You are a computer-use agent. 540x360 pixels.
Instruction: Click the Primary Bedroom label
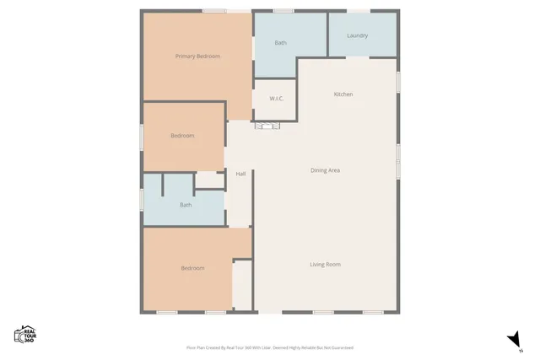click(x=197, y=56)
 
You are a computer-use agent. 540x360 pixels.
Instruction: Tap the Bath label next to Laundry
click(x=281, y=43)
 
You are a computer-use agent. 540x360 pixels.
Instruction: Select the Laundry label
click(x=357, y=36)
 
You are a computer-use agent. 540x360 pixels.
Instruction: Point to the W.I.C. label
click(x=276, y=99)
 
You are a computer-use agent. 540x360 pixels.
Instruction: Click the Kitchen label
click(x=343, y=94)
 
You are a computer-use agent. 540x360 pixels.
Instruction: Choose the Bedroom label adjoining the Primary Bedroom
click(x=182, y=136)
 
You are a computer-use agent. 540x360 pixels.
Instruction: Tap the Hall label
click(x=240, y=174)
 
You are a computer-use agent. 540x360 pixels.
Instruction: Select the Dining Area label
click(x=325, y=170)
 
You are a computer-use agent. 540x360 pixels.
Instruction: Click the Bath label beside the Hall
click(x=186, y=205)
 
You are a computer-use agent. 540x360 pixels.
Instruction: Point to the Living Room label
click(x=325, y=265)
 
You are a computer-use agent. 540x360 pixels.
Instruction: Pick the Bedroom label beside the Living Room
click(x=192, y=268)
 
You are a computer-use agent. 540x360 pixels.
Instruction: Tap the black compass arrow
click(x=512, y=339)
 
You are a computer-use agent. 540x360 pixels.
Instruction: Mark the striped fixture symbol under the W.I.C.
click(x=267, y=126)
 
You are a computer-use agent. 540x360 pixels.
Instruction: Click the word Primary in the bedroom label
click(x=185, y=56)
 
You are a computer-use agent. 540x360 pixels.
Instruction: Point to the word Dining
click(x=319, y=170)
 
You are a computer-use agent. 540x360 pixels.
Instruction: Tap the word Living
click(x=316, y=265)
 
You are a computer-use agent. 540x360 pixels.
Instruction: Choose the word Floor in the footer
click(x=191, y=347)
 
